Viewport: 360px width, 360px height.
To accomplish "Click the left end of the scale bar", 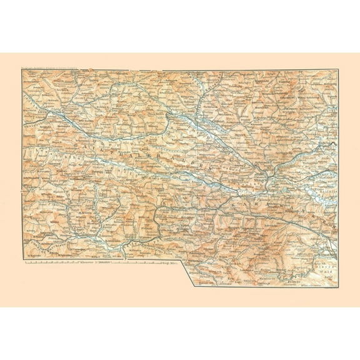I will tap(26, 262).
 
